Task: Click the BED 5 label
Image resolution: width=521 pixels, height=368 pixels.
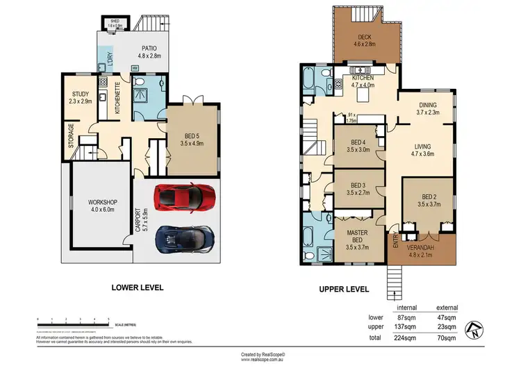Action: coord(190,136)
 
